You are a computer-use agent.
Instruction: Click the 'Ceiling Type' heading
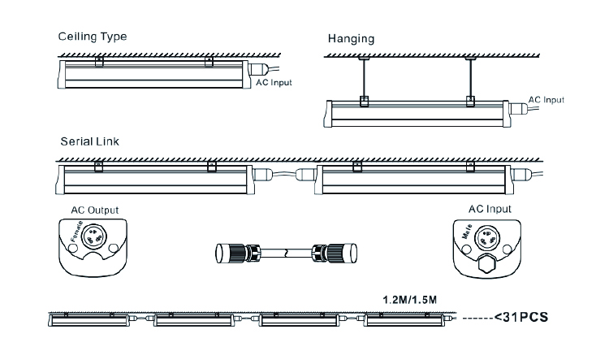pos(92,37)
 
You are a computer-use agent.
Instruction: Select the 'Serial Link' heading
pos(89,141)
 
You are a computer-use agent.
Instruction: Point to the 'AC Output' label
pos(96,209)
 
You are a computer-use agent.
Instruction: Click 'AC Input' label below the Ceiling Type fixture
pos(274,83)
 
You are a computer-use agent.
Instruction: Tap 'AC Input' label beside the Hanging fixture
pos(546,100)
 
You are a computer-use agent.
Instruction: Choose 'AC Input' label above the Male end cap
pos(490,209)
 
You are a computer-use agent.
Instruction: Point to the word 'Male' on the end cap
pos(469,233)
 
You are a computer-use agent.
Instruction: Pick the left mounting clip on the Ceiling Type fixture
pos(98,62)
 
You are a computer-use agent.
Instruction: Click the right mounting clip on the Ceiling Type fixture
pos(209,62)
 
